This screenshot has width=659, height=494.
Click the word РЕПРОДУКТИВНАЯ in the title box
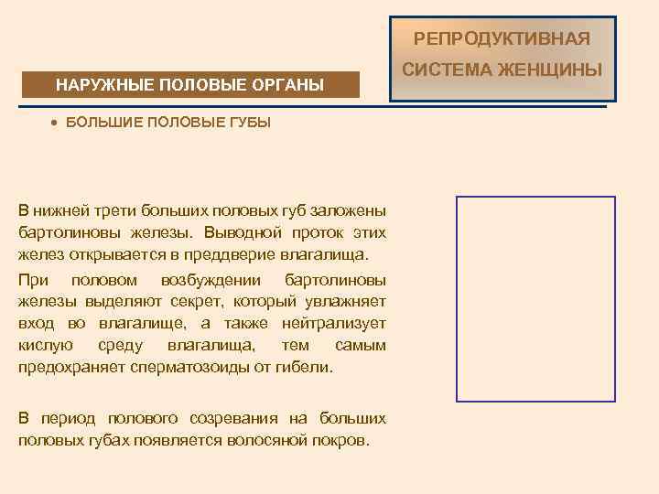click(x=502, y=39)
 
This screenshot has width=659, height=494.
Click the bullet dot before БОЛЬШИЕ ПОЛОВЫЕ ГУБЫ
click(x=55, y=123)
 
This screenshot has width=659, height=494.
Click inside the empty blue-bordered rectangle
click(x=536, y=299)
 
